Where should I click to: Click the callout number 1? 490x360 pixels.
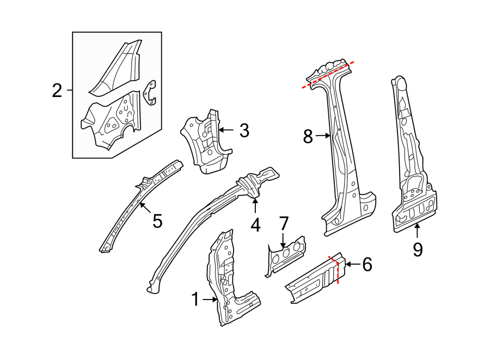(195, 299)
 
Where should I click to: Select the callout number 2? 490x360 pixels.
(57, 90)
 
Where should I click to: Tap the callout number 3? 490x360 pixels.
(244, 130)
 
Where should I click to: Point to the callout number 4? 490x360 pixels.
(255, 224)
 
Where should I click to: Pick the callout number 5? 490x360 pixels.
(157, 221)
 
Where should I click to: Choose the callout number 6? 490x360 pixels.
(367, 265)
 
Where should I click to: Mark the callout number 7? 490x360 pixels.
(283, 223)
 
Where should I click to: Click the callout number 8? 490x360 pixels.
(308, 136)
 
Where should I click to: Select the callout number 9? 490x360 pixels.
(418, 249)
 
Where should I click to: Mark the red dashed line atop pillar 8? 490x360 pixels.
(329, 74)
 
